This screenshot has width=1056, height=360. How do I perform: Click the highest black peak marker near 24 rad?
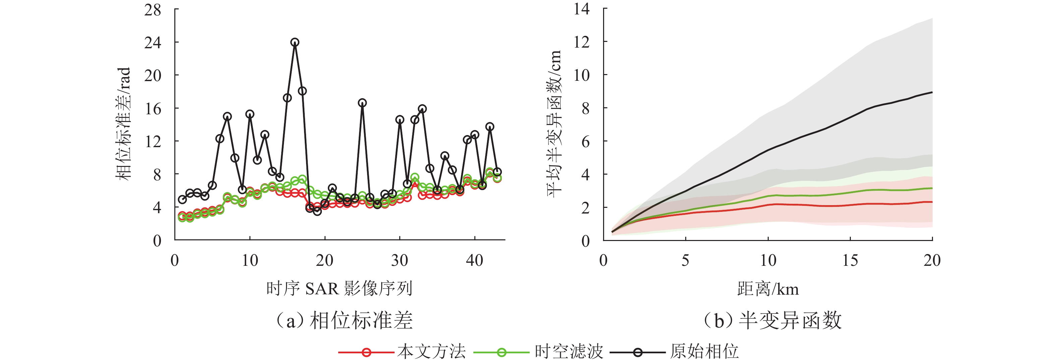295,42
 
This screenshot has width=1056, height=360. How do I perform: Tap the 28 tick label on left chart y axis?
153,10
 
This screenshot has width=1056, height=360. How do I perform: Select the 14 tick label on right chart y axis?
581,9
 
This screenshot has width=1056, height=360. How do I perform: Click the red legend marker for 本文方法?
366,352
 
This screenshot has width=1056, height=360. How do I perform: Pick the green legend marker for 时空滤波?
502,352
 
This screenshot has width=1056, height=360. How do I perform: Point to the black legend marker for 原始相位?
637,352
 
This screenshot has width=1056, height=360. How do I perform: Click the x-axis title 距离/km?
768,289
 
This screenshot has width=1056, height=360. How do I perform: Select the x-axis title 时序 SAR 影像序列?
339,289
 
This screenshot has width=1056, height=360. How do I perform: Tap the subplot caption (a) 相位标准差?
344,320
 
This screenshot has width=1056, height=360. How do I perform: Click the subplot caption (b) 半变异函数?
773,320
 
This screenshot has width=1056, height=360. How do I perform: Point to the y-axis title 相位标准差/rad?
123,124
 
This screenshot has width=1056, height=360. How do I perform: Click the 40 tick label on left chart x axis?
474,260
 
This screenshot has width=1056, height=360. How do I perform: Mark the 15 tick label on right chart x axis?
850,260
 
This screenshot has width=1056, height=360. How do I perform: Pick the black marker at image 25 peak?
362,103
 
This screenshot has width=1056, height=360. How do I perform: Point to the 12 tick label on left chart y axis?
153,141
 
